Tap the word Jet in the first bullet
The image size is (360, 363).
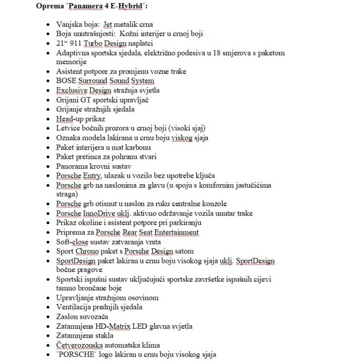109,24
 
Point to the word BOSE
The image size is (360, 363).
67,80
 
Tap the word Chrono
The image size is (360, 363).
87,251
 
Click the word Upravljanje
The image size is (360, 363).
76,298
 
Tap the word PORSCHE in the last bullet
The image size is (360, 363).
78,355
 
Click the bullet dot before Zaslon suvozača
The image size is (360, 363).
49,317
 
